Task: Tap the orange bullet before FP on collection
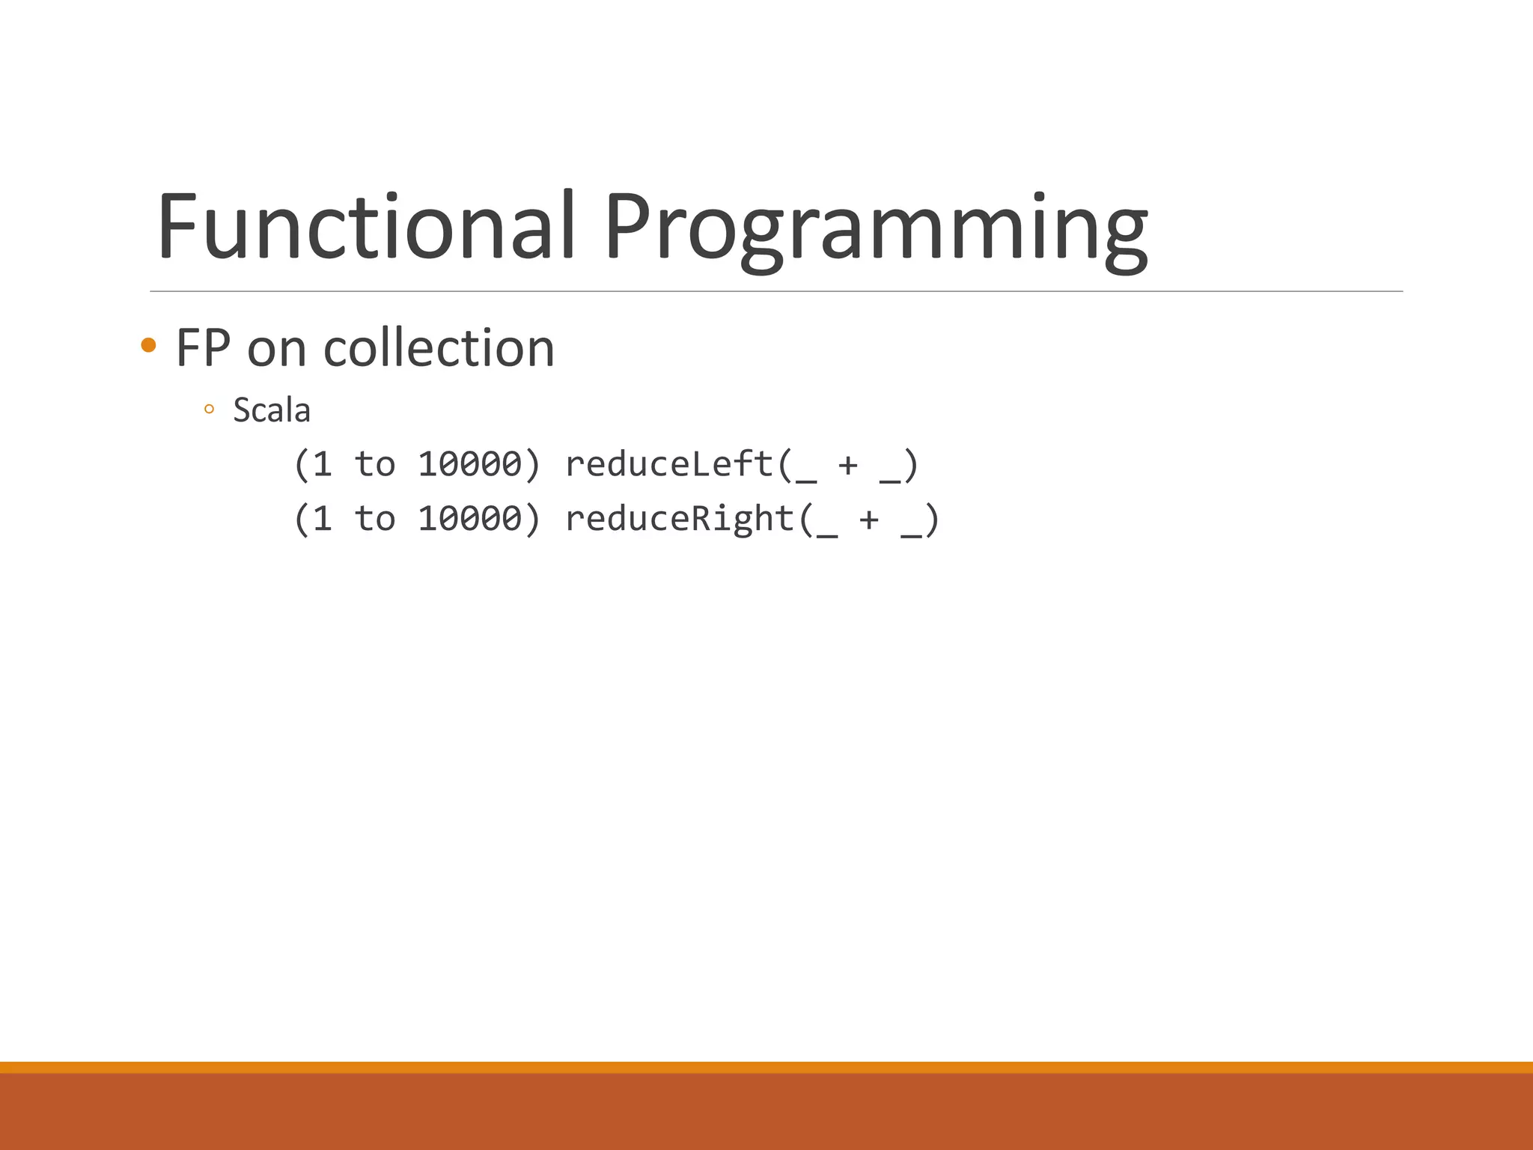(148, 345)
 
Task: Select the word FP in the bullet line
(203, 348)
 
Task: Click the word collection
(439, 348)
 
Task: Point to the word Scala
(271, 410)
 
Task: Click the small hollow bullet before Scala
(209, 410)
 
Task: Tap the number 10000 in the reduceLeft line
(469, 464)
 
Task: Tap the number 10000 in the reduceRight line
(469, 518)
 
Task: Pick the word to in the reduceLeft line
(374, 464)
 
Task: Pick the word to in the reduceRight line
(374, 518)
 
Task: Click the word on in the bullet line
(276, 350)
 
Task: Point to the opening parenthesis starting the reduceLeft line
(301, 465)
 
